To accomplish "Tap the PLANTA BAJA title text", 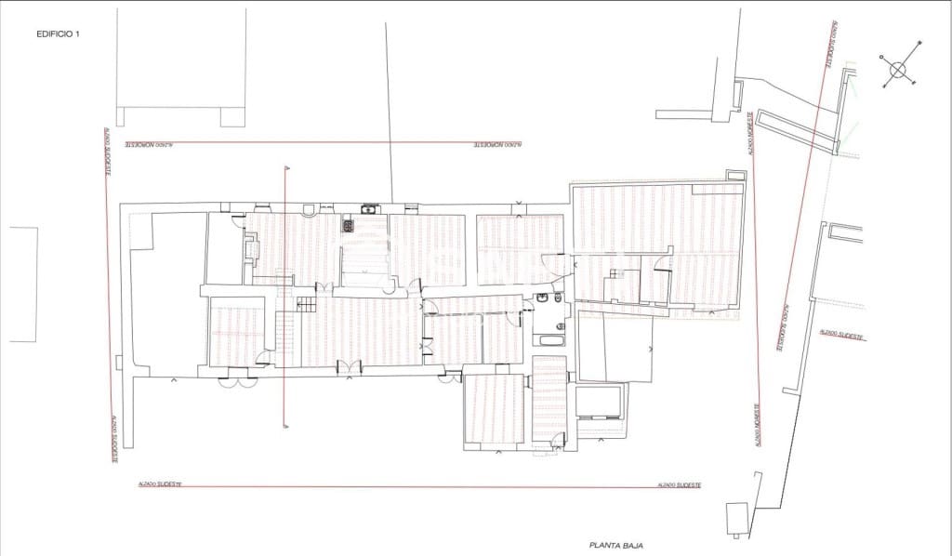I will tap(616, 546).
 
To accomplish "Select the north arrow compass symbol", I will tap(898, 68).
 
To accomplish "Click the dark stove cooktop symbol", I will tap(350, 224).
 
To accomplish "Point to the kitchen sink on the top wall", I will tap(369, 209).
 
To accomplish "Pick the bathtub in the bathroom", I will tap(549, 340).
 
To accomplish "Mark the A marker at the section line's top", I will tap(285, 167).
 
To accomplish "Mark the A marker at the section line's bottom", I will tap(285, 427).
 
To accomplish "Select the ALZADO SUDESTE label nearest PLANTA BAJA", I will tap(679, 485).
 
